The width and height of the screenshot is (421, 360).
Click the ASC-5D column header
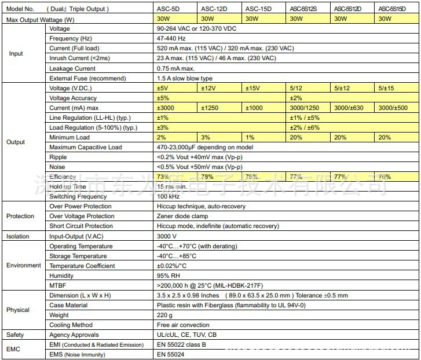point(169,9)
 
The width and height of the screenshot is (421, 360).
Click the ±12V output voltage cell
point(208,88)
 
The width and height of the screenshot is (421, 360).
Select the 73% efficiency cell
point(163,177)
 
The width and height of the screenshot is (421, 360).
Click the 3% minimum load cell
point(206,137)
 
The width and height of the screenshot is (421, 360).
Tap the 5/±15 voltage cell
point(386,88)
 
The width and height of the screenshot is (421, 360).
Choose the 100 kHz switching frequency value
point(168,196)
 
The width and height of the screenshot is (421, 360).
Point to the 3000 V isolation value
point(166,236)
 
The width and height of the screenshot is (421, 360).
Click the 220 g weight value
point(164,315)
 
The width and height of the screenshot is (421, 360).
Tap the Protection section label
point(20,216)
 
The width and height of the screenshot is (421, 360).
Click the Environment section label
point(24,265)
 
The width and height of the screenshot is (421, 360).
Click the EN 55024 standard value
point(171,354)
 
